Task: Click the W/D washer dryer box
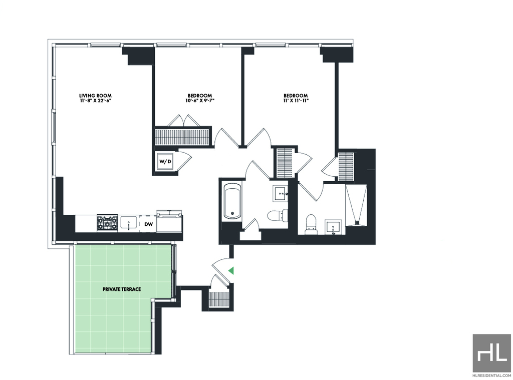pos(165,161)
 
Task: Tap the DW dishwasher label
pos(148,224)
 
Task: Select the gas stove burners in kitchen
pos(107,223)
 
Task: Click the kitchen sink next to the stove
pos(129,223)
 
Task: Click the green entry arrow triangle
pos(231,270)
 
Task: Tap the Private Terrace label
pos(122,289)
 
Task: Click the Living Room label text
pos(95,96)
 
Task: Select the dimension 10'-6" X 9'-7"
pos(199,101)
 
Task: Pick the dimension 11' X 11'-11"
pos(296,101)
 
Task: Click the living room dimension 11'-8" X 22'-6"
pos(95,101)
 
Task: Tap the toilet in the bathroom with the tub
pos(278,215)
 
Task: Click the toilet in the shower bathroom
pos(311,224)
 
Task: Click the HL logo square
pos(492,353)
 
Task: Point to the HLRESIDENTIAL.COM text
pos(492,375)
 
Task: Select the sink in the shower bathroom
pos(333,227)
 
